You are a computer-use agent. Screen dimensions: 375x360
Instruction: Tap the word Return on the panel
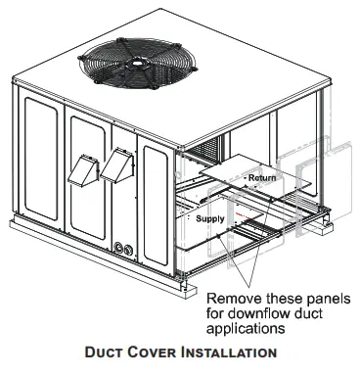click(261, 178)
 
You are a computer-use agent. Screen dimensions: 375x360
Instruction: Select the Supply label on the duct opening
click(210, 219)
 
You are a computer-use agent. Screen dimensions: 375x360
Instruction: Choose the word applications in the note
click(247, 324)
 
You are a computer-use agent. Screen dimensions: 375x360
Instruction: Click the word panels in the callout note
click(315, 294)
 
